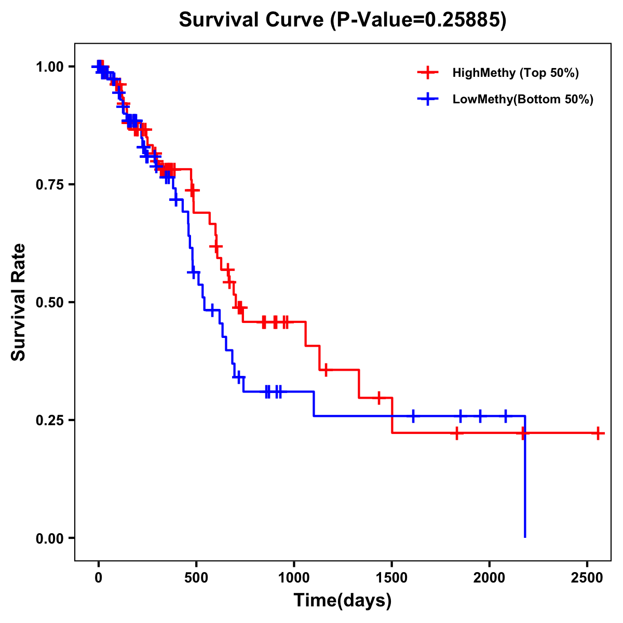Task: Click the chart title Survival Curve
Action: click(342, 20)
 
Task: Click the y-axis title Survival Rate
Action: click(19, 302)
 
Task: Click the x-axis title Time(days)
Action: click(343, 601)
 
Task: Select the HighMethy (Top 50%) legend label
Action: click(515, 73)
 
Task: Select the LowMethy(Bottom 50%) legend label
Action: click(523, 99)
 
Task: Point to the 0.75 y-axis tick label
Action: click(49, 185)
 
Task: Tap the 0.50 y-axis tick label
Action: click(49, 302)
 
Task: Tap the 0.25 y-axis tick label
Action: click(49, 420)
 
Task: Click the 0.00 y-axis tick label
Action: click(49, 538)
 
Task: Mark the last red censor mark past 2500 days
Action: click(598, 432)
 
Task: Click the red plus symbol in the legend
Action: click(427, 73)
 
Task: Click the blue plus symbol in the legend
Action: click(427, 99)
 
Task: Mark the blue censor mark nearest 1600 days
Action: click(413, 416)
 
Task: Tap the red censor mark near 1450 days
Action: click(379, 398)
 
